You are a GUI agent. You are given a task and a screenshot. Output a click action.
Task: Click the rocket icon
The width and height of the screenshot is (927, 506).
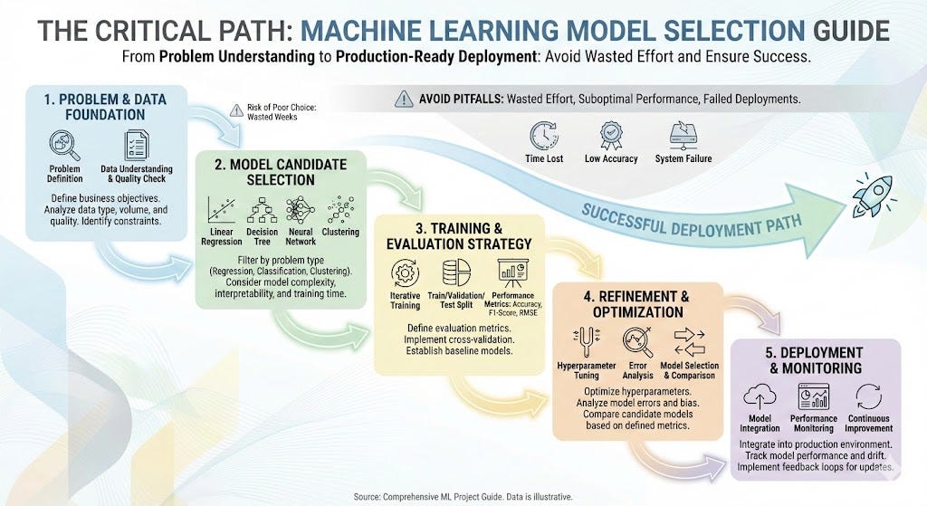click(873, 193)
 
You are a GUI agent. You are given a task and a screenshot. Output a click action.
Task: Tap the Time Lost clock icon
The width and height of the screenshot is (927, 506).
click(544, 136)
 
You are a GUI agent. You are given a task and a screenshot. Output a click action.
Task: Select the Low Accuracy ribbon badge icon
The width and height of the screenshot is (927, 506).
click(612, 136)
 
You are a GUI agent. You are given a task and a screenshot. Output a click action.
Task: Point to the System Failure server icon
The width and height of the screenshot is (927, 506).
click(683, 136)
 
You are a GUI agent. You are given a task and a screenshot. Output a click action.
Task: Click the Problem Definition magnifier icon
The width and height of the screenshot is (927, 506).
click(65, 145)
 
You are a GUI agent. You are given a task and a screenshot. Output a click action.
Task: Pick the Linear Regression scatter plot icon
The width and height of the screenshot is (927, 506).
click(221, 209)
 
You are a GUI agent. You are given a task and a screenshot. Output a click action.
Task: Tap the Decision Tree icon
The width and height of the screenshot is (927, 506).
click(262, 209)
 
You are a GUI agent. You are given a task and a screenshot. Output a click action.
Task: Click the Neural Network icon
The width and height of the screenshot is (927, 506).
click(301, 209)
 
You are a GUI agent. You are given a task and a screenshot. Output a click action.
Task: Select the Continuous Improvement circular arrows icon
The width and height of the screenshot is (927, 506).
click(867, 397)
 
